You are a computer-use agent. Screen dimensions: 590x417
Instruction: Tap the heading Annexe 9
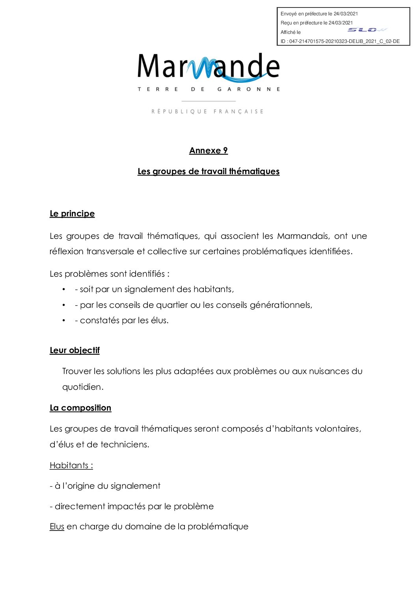point(208,151)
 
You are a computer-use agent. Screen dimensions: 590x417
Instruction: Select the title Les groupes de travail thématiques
point(208,171)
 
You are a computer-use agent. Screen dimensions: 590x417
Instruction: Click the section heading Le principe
point(72,214)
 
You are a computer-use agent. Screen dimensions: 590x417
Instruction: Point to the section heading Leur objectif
point(74,350)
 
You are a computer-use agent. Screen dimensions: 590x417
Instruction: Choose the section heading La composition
point(80,408)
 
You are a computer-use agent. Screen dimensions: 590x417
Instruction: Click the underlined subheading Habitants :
point(71,465)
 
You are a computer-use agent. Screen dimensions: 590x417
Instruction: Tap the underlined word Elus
point(57,527)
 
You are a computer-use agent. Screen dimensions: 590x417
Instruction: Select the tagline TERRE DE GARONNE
point(208,89)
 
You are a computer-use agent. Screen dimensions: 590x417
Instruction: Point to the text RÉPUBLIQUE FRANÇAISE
point(207,112)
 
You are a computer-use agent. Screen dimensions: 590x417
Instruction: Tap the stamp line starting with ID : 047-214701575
point(340,41)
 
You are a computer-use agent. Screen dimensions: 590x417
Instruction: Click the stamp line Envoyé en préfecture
point(319,14)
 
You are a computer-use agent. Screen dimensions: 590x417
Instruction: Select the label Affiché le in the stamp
point(290,32)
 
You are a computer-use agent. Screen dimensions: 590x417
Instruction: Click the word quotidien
point(82,387)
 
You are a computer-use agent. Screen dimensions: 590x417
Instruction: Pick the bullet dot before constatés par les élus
point(64,321)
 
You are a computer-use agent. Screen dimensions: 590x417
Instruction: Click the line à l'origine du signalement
point(105,486)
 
